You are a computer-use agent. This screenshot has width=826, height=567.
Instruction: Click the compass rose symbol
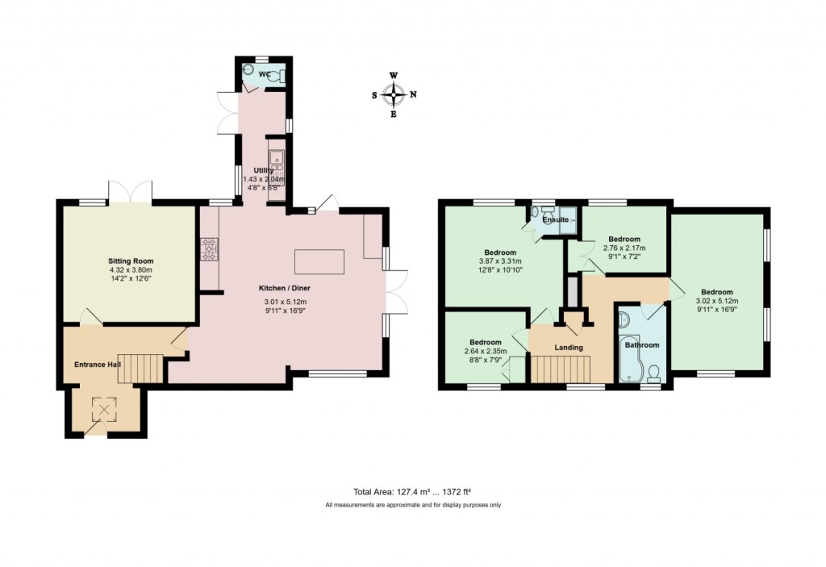tap(394, 94)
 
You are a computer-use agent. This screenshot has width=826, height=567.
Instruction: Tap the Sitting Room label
tap(131, 261)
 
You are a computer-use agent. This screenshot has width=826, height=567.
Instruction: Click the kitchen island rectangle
tap(319, 262)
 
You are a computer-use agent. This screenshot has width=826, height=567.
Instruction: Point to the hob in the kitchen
tap(210, 249)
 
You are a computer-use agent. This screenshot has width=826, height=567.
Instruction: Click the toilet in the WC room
tap(276, 77)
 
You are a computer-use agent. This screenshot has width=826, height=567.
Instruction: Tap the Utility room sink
tap(277, 158)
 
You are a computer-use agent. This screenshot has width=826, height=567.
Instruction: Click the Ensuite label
tap(555, 219)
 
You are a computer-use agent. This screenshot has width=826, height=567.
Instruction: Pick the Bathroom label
tap(640, 345)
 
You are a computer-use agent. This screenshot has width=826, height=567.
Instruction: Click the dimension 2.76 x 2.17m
tap(624, 248)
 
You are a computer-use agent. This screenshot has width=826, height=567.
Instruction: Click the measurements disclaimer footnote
tap(412, 505)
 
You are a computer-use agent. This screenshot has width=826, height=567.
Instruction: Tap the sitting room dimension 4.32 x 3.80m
tap(131, 270)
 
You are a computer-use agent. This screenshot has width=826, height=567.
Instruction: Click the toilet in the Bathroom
tap(653, 373)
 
